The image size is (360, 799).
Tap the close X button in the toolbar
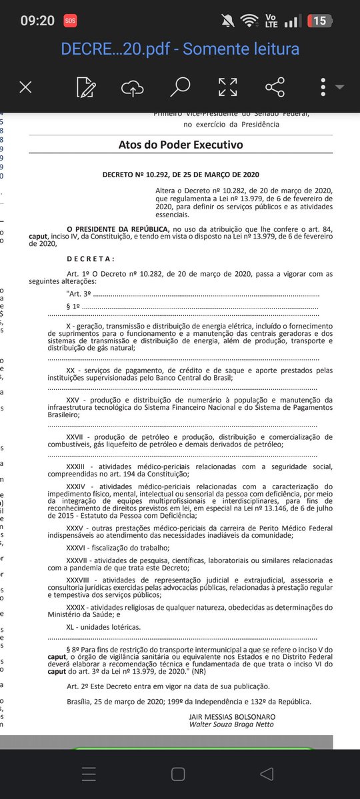click(25, 87)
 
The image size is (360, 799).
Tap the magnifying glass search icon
click(179, 87)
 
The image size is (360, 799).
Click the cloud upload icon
click(132, 87)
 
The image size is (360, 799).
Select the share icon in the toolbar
click(275, 87)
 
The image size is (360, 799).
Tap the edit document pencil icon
click(85, 87)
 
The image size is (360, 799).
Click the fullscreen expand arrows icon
click(228, 87)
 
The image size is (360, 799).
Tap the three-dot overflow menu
click(323, 87)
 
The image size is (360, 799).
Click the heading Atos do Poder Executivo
click(181, 145)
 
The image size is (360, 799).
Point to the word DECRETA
click(91, 259)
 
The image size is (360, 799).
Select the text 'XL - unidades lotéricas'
click(103, 627)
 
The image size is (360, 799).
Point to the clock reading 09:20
click(37, 21)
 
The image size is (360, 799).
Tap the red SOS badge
click(70, 21)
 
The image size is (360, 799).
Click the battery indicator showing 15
click(319, 21)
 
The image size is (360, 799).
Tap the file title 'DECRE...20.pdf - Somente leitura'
click(180, 49)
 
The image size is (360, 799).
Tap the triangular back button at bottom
click(267, 773)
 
